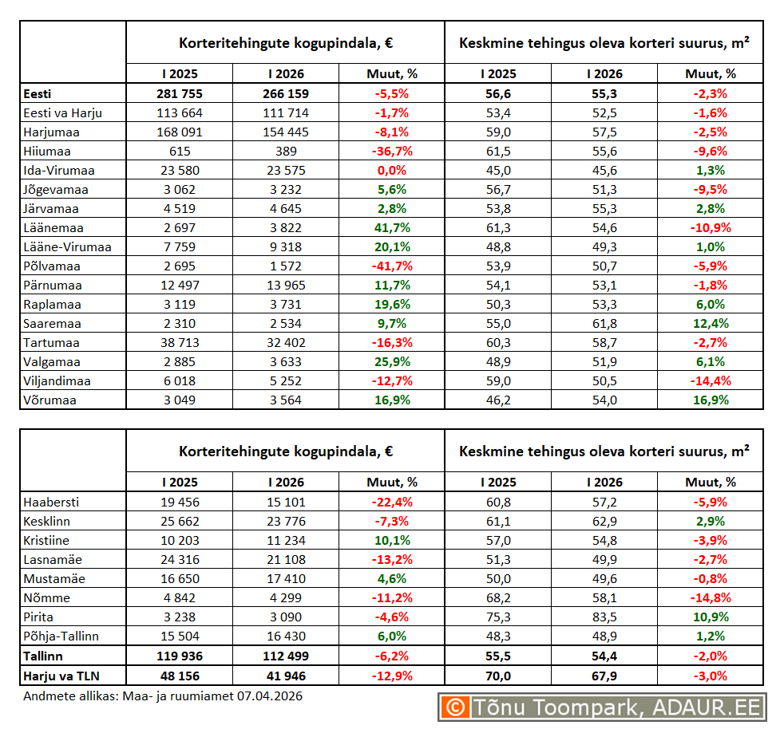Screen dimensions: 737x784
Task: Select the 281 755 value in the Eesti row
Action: [179, 93]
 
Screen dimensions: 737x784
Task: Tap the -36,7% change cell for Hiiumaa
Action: [391, 151]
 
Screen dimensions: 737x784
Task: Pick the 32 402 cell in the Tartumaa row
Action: [286, 342]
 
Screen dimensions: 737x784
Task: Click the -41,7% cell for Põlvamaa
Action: [391, 266]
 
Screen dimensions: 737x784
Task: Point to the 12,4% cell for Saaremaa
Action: [710, 323]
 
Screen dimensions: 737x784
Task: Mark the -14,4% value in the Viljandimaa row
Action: [710, 380]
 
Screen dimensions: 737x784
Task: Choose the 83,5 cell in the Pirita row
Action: [604, 617]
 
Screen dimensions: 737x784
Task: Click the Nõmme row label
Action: [47, 597]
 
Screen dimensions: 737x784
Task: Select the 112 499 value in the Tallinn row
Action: [286, 656]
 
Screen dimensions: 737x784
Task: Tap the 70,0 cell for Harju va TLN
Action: [498, 675]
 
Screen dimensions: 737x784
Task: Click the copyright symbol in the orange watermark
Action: [455, 707]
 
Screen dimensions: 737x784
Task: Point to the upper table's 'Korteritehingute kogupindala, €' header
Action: [285, 42]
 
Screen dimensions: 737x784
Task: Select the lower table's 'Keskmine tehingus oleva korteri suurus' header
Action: [604, 451]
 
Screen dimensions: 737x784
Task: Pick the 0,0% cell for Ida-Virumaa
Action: [391, 170]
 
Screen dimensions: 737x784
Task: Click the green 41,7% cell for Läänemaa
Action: [391, 227]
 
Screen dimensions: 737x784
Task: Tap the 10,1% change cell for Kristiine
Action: [391, 540]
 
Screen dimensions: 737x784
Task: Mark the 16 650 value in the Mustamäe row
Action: [179, 578]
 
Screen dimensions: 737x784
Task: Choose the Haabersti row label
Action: [52, 502]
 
